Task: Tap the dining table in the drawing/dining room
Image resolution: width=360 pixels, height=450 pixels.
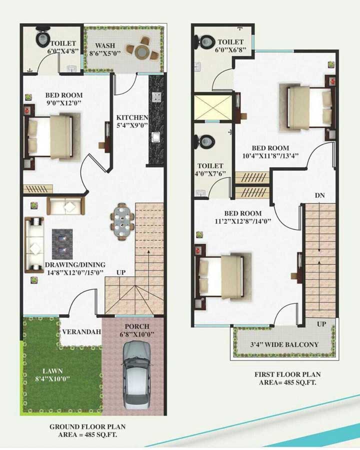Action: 123,221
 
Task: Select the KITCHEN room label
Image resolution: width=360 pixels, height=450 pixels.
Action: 132,117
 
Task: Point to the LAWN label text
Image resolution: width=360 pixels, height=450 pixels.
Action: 52,371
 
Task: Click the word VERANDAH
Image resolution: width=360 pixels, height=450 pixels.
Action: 82,332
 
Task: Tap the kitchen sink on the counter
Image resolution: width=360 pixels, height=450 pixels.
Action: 156,137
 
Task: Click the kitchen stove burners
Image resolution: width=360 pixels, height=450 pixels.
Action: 156,97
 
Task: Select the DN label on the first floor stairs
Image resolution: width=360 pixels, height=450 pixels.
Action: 320,195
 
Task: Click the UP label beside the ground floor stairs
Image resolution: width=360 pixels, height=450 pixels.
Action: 121,272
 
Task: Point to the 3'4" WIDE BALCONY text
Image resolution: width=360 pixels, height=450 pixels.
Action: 284,344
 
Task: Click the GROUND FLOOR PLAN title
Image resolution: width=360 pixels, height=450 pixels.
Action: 87,427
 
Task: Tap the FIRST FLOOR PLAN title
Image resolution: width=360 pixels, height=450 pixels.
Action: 287,374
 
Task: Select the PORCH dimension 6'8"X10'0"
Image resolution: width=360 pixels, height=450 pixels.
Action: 137,334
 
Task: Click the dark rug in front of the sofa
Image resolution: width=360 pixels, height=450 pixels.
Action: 62,244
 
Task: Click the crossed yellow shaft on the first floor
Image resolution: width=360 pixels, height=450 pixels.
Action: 213,108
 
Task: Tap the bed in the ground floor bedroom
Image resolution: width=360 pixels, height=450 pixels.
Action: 51,137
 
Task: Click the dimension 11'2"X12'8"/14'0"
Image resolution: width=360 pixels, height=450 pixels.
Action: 243,221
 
